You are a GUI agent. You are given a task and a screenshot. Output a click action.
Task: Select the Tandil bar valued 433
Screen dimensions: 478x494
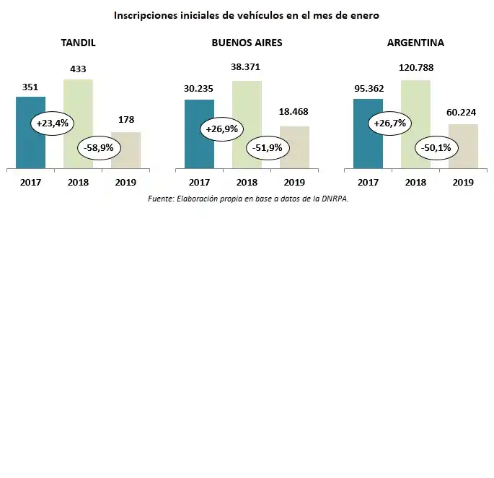pos(78,101)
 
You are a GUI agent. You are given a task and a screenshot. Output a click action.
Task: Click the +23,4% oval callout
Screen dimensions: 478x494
pos(52,123)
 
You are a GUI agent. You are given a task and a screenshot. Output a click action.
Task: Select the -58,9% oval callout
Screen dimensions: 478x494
pos(101,147)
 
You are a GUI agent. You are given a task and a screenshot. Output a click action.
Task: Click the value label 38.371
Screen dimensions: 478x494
pos(245,67)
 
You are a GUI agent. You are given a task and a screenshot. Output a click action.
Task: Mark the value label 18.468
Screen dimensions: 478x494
pos(294,112)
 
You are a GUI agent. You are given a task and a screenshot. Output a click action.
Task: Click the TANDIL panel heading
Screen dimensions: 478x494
pos(78,43)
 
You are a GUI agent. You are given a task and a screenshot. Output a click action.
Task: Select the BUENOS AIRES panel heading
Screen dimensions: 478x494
pos(247,43)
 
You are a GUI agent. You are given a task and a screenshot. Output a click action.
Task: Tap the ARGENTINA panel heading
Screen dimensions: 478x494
pos(415,43)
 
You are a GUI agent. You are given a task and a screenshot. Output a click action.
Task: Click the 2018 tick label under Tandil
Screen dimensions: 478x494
pos(78,182)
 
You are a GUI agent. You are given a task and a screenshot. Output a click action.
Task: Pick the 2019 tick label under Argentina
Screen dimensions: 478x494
pos(463,182)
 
